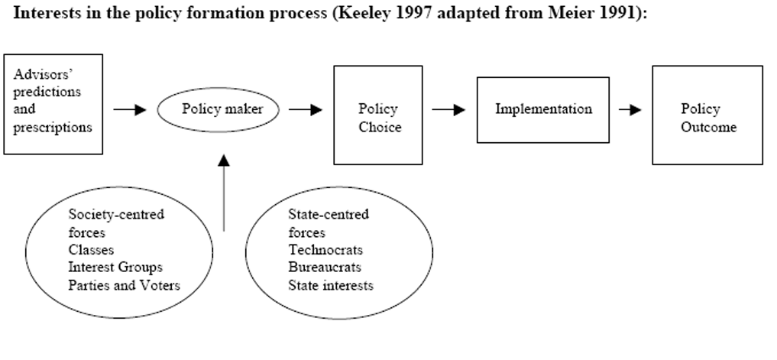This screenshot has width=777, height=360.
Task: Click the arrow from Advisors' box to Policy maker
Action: (130, 109)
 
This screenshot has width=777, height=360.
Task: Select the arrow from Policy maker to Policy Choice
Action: (306, 109)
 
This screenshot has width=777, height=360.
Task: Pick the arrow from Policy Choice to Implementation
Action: (449, 109)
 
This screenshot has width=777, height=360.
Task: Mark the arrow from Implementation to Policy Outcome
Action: (630, 109)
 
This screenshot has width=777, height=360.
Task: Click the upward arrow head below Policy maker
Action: (224, 160)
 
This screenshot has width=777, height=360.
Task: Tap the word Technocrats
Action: (325, 250)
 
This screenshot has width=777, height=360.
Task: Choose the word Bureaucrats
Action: (325, 268)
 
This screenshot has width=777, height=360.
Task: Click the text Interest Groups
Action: (115, 268)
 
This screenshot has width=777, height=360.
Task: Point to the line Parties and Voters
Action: (124, 286)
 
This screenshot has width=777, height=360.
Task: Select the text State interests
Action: (331, 286)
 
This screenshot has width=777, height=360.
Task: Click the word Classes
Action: (91, 250)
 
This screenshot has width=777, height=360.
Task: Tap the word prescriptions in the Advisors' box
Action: (53, 128)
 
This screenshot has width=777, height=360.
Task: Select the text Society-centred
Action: (116, 215)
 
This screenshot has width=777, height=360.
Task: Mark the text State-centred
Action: (329, 215)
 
